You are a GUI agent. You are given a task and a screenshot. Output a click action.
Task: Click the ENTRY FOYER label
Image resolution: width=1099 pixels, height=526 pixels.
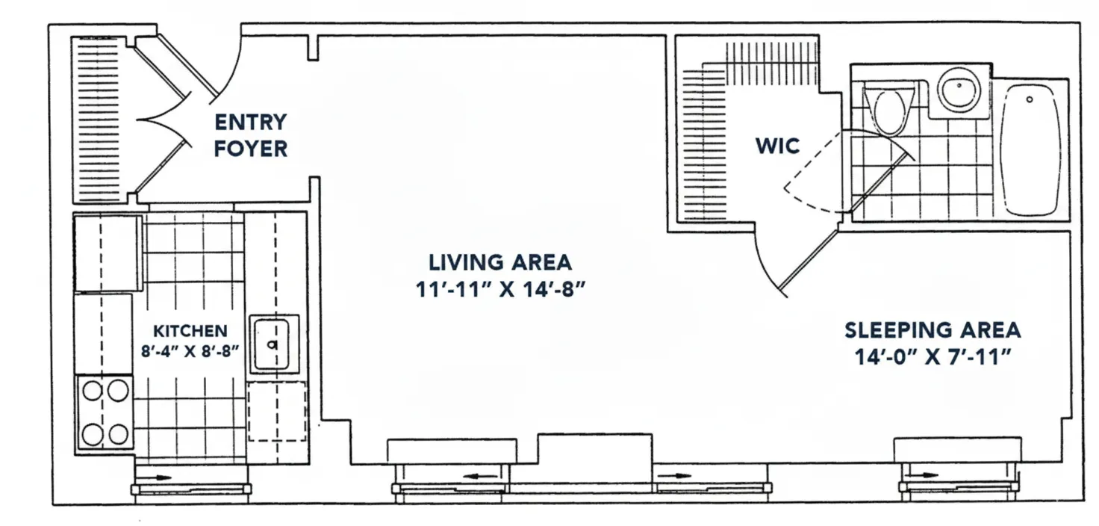251,135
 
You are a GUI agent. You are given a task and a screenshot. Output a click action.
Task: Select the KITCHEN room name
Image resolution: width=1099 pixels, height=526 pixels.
190,330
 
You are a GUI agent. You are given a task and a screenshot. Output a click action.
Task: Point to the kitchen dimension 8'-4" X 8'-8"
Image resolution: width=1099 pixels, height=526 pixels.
190,350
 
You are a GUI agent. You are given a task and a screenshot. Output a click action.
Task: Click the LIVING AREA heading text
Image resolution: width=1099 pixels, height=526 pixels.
499,263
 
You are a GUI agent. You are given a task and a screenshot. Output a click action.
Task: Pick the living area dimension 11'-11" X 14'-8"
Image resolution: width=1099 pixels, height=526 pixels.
499,289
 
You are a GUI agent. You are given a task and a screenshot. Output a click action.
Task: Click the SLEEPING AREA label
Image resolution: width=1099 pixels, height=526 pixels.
933,329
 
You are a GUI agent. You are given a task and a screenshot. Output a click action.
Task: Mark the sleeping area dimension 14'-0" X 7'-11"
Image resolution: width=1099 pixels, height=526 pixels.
933,356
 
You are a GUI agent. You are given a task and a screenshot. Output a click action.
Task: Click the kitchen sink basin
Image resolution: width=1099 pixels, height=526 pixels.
274,344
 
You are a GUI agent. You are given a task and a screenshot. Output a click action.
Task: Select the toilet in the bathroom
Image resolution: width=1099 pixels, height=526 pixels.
888,111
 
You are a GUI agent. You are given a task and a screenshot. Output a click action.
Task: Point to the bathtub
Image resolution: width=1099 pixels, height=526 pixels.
1030,149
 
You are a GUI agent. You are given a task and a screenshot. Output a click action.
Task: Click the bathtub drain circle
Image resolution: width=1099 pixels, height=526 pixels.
1029,99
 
